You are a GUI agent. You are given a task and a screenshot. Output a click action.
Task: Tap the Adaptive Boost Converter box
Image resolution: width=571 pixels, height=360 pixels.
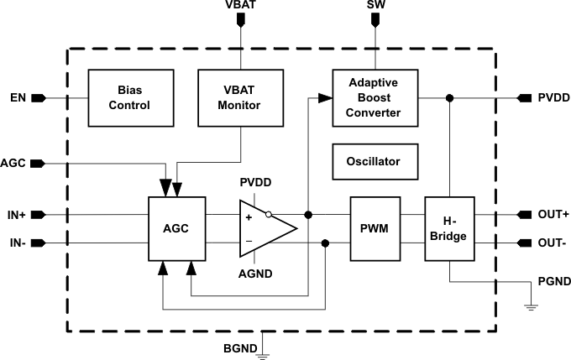[373, 98]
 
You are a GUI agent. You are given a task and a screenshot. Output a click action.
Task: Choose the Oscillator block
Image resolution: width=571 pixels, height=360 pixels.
[373, 161]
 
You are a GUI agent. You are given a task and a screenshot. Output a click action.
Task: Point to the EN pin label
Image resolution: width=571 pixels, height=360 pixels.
[18, 98]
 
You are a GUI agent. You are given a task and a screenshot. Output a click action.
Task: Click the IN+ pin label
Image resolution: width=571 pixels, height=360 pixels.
[17, 215]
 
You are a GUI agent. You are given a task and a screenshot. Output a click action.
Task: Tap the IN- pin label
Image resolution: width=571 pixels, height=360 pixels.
[16, 244]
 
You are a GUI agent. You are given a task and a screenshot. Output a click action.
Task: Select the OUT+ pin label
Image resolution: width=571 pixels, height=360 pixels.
[553, 215]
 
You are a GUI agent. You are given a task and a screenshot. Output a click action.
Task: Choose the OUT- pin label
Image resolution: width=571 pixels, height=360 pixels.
[553, 244]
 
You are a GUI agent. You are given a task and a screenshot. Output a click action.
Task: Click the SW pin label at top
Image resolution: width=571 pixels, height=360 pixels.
[376, 6]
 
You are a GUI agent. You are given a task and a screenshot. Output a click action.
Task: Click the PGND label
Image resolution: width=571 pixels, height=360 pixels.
[554, 282]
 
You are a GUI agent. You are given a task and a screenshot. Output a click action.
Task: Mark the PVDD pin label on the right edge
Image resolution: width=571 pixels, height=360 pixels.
[554, 98]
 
